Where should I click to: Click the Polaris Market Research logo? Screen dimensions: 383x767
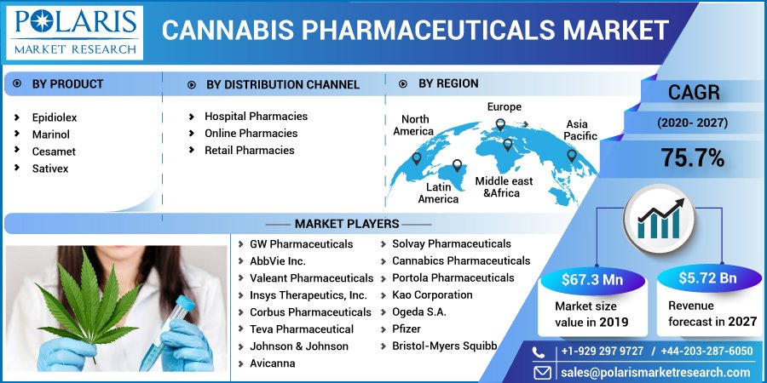tap(75, 31)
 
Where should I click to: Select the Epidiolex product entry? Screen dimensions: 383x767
tap(55, 117)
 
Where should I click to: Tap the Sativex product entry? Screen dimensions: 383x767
tap(50, 169)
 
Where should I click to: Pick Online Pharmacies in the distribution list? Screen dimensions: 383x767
tap(251, 133)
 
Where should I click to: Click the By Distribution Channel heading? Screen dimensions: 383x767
tap(282, 84)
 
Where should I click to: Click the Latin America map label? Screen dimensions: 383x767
tap(438, 193)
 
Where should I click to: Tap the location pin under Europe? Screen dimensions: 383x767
tap(500, 126)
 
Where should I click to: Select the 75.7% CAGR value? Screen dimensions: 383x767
tap(693, 157)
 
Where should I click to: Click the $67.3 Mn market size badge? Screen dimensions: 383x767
tap(591, 279)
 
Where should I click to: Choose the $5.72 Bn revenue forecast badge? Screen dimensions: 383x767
tap(708, 278)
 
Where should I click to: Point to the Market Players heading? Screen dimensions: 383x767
tap(347, 224)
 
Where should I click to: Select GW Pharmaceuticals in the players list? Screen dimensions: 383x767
tap(301, 244)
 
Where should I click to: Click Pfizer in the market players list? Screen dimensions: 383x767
tap(407, 329)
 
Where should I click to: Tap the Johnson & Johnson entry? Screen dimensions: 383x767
tap(299, 346)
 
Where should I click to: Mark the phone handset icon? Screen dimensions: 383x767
tap(539, 352)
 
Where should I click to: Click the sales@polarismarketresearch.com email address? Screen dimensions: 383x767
tap(655, 372)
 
